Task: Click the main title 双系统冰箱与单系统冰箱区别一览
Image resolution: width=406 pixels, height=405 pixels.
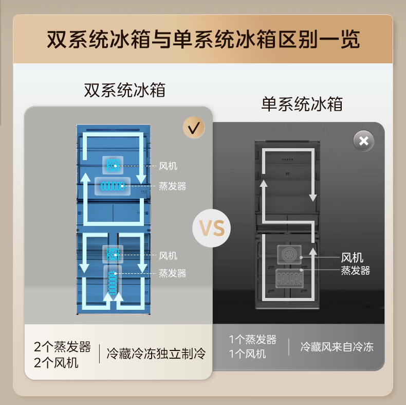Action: pos(203,40)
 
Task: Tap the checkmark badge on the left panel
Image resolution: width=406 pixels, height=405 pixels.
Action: pos(193,128)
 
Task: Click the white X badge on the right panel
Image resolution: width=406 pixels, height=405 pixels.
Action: pos(364,141)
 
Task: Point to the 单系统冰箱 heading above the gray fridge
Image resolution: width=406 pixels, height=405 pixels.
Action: pos(302,104)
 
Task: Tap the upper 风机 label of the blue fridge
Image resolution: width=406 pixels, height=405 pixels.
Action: pos(168,166)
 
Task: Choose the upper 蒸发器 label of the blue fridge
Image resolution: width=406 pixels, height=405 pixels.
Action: pos(172,186)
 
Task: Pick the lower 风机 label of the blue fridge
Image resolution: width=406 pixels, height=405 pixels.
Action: pos(168,255)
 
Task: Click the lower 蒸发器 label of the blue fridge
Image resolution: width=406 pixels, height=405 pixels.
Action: pos(172,273)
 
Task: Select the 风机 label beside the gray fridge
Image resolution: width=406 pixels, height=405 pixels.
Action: pos(353,257)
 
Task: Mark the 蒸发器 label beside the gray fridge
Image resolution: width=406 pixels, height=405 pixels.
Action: pos(356,270)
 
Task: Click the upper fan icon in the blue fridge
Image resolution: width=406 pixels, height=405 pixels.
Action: pos(113,165)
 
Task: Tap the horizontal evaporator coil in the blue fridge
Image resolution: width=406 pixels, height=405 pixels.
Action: pos(113,186)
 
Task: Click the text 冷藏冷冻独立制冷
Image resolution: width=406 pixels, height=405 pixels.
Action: pos(156,354)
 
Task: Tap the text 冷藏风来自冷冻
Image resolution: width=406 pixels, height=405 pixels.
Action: pos(337,347)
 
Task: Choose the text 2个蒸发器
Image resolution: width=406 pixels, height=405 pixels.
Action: pos(62,346)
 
